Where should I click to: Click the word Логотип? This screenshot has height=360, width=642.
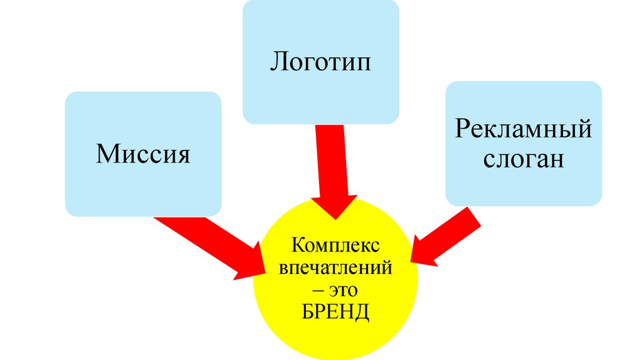[320, 63]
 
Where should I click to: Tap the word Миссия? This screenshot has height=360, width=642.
[143, 154]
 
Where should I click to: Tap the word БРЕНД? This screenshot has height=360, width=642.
[336, 312]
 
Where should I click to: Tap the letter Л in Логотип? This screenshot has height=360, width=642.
[277, 63]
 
